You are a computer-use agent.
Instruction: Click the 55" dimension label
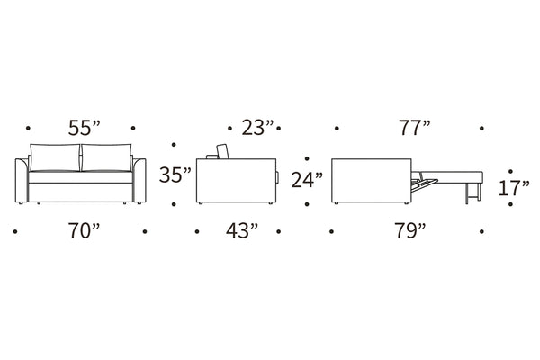pyautogui.click(x=84, y=128)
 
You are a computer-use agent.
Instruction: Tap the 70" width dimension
pyautogui.click(x=84, y=230)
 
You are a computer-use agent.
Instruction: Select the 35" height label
pyautogui.click(x=175, y=175)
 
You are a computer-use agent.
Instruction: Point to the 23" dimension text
pyautogui.click(x=257, y=128)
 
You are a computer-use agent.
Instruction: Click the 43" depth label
pyautogui.click(x=242, y=230)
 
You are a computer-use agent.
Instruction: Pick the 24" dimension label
pyautogui.click(x=307, y=180)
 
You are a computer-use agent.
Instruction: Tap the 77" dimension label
pyautogui.click(x=415, y=128)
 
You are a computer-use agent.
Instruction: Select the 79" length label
pyautogui.click(x=410, y=230)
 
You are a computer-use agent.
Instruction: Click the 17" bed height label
pyautogui.click(x=514, y=188)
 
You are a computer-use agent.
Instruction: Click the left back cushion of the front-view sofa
pyautogui.click(x=55, y=157)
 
